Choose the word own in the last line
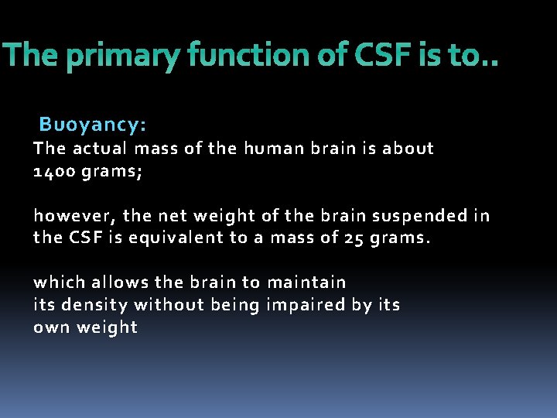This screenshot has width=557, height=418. [52, 327]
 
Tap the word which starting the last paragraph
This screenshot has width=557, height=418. [59, 282]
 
